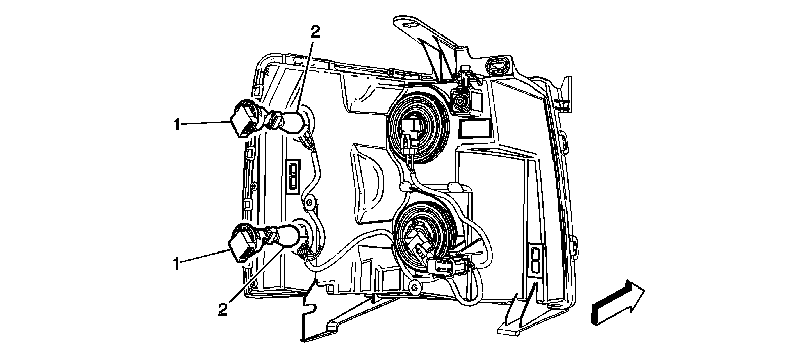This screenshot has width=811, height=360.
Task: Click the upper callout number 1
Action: click(176, 124)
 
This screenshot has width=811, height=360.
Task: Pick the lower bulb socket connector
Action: click(242, 244)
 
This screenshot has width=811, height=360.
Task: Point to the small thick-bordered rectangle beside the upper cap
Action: click(474, 129)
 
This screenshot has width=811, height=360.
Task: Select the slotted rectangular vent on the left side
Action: click(293, 176)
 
